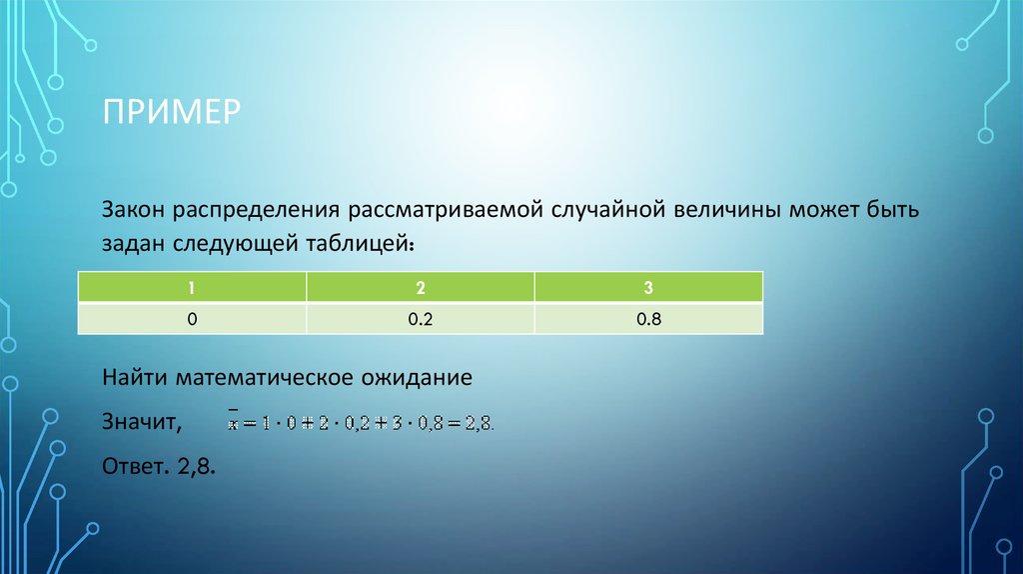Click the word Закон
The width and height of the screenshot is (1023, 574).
(x=134, y=212)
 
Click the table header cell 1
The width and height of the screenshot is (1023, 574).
(x=192, y=288)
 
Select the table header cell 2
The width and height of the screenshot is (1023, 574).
(x=421, y=288)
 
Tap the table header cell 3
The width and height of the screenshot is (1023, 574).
(x=649, y=288)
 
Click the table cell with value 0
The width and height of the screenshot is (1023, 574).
(x=192, y=319)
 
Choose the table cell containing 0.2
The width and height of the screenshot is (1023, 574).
(x=421, y=319)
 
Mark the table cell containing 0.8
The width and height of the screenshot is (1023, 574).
(x=649, y=319)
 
